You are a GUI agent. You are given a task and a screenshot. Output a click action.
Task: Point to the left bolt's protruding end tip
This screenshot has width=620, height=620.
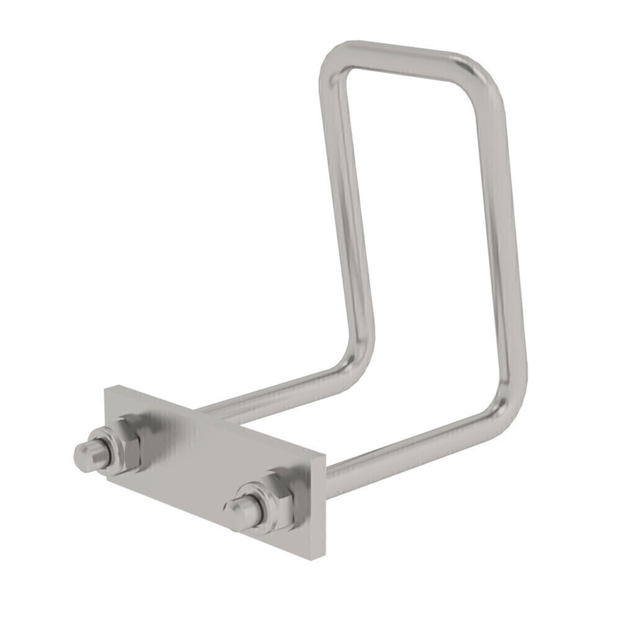pos(84,455)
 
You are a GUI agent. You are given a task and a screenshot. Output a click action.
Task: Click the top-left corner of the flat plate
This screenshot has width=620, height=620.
pos(106,389)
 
